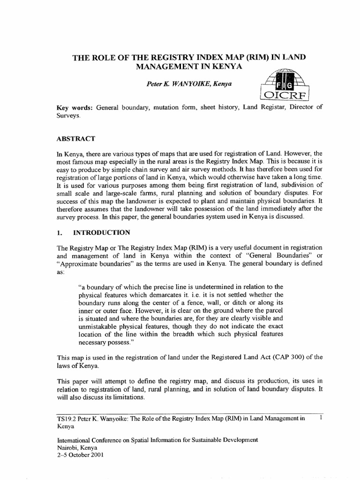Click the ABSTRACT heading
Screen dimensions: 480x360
(75, 139)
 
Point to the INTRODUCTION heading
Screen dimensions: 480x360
(103, 232)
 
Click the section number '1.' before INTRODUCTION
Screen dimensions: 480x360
(60, 232)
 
